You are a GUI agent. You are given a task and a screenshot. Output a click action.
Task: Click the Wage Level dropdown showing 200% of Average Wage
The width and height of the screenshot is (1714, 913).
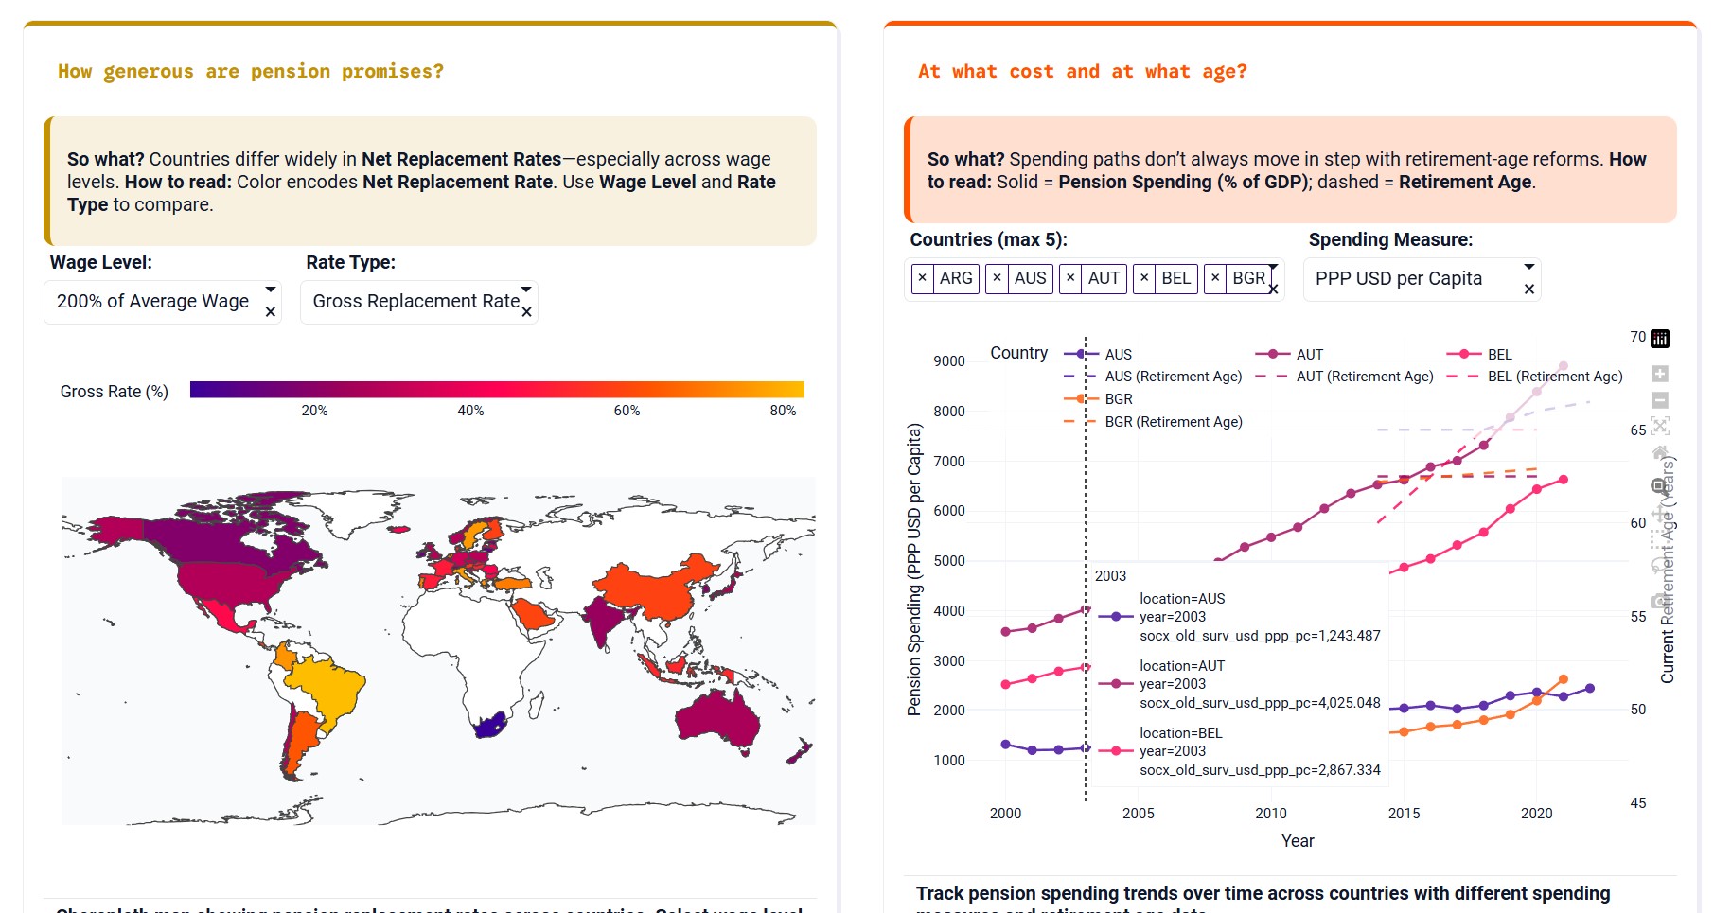pos(152,302)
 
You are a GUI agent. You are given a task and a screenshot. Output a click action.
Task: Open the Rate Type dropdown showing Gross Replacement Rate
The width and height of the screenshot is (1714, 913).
pos(415,302)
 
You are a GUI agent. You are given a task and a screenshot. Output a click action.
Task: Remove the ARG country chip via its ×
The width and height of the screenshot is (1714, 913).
pos(923,278)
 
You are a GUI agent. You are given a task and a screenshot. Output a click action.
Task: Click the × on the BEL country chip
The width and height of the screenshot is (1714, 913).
pos(1144,278)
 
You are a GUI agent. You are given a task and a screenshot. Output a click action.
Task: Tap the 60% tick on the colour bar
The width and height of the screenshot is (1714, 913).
pos(627,411)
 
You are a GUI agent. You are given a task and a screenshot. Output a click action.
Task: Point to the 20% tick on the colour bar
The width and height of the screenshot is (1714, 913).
pos(314,411)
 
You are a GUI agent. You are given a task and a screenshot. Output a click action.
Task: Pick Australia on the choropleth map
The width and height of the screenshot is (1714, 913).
pos(718,720)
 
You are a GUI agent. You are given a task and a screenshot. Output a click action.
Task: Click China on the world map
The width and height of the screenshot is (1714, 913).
pos(653,586)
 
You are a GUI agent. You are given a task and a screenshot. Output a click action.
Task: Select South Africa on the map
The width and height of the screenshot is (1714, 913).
pos(488,726)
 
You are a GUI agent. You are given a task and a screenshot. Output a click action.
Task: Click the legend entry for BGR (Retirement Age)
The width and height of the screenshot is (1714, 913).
pos(1173,422)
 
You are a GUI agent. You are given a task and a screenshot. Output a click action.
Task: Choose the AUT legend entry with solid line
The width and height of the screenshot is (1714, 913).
pos(1309,355)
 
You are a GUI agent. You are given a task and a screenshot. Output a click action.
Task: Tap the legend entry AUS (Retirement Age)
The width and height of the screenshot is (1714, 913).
pos(1173,377)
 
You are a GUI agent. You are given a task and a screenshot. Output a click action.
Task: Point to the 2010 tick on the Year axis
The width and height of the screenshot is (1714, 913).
pos(1270,814)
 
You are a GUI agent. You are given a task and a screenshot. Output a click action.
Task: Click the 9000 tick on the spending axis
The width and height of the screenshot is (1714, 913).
pos(948,361)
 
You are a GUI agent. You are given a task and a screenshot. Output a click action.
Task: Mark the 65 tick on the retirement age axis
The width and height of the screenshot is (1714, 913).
pos(1637,430)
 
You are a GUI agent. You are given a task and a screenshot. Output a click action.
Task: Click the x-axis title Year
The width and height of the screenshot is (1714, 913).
pos(1297,841)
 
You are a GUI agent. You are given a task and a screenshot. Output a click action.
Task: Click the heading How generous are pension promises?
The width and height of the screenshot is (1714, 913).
pos(251,72)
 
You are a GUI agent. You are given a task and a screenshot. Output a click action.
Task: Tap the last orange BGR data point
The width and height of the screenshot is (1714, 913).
pos(1563,680)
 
